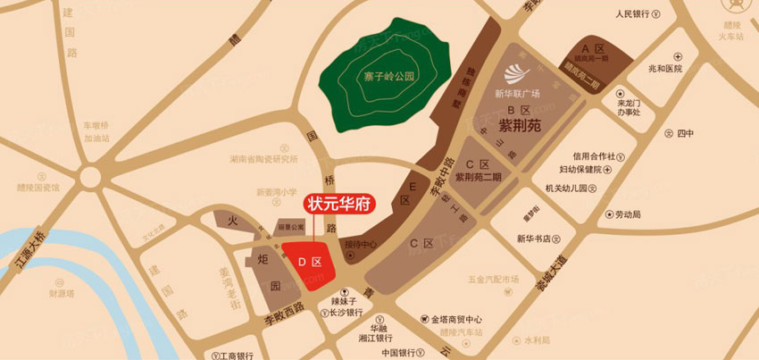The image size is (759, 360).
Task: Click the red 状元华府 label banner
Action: coord(340,203)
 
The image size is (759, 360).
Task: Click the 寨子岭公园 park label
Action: coord(390,77)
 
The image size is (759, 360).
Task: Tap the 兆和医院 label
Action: coord(664,68)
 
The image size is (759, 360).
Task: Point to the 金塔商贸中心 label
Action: coord(452,319)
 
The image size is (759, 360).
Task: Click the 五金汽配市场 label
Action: coord(492,280)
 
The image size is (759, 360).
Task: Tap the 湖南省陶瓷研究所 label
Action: coord(263,160)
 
